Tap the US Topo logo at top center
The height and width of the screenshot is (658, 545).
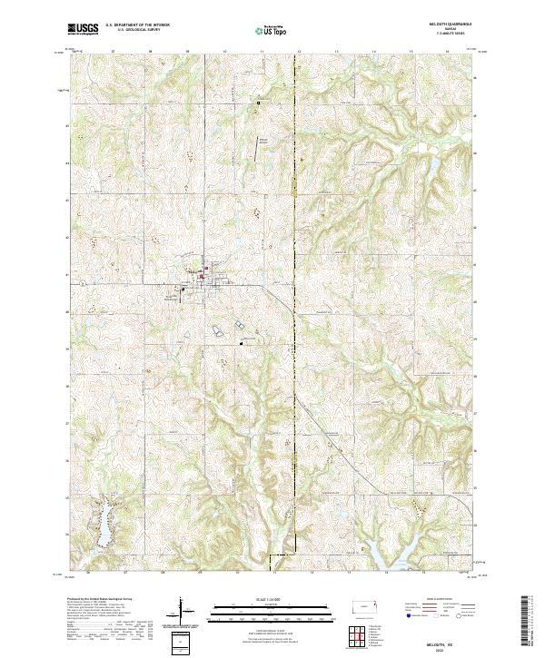tap(272, 31)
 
